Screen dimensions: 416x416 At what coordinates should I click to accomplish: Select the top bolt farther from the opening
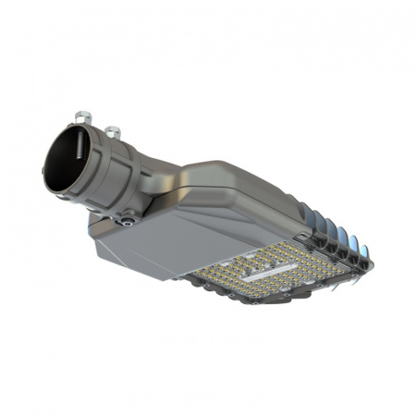pyautogui.click(x=113, y=131)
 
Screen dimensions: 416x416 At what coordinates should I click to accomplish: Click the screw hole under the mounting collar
pyautogui.click(x=128, y=220)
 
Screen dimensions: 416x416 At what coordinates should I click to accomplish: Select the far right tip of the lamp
pyautogui.click(x=372, y=264)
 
